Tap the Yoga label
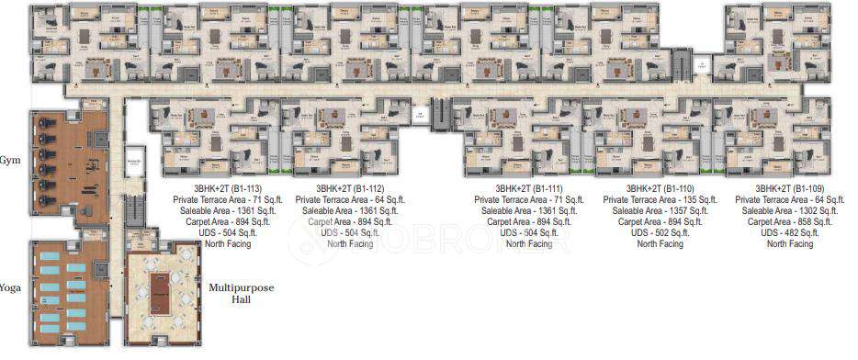point(10,287)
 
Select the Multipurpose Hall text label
point(242,294)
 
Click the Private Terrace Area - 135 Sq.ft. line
point(660,199)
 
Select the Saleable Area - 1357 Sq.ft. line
point(660,210)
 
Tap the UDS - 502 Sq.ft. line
point(660,233)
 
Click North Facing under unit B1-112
point(350,244)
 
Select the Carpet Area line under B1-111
point(529,221)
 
